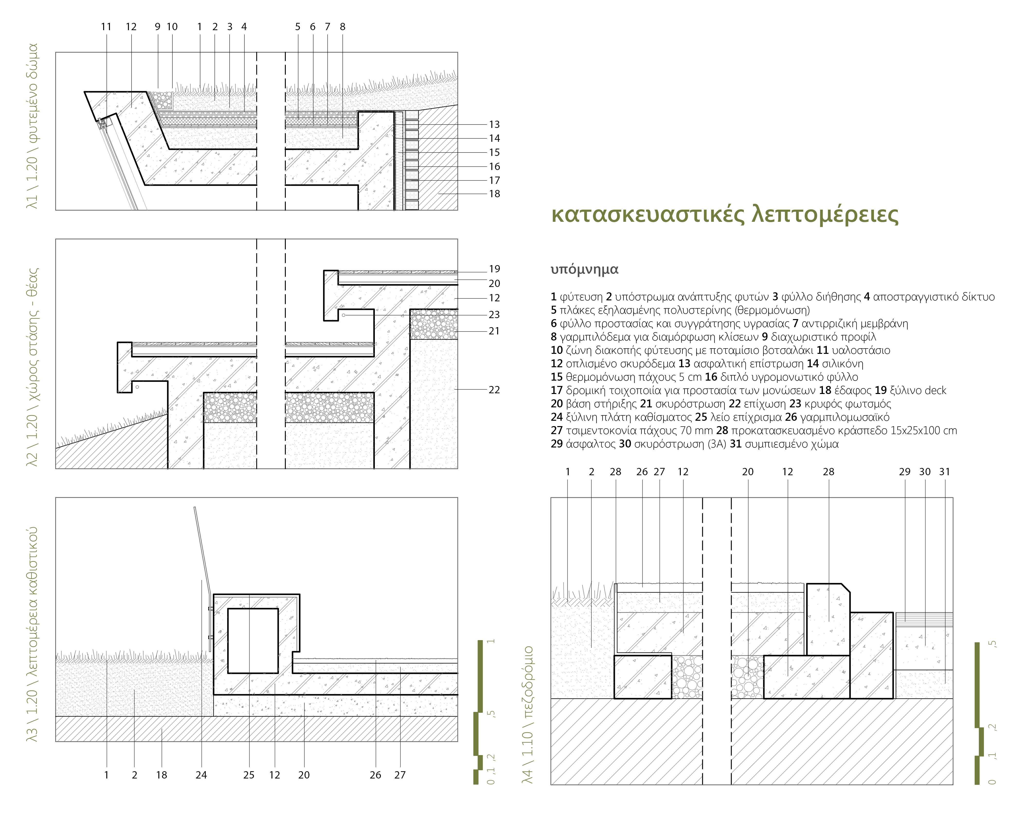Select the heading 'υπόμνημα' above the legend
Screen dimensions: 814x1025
tap(584, 269)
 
